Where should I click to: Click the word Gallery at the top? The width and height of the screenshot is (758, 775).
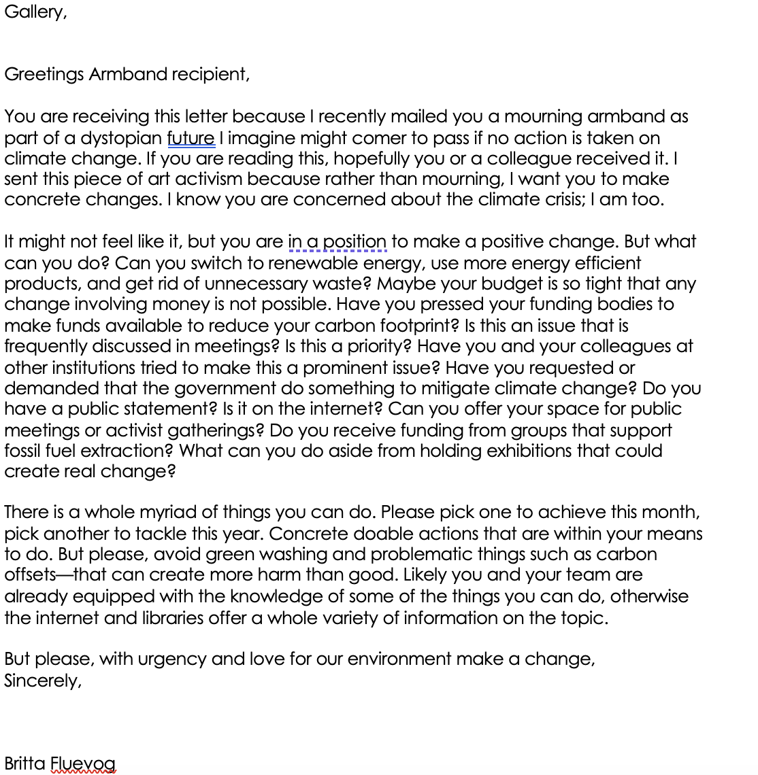click(x=34, y=12)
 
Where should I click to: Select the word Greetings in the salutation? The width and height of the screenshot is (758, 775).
click(x=44, y=74)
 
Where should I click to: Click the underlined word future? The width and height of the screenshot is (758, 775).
click(x=191, y=138)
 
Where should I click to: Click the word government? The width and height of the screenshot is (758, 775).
click(x=225, y=388)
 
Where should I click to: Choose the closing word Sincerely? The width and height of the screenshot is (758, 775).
click(x=42, y=681)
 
